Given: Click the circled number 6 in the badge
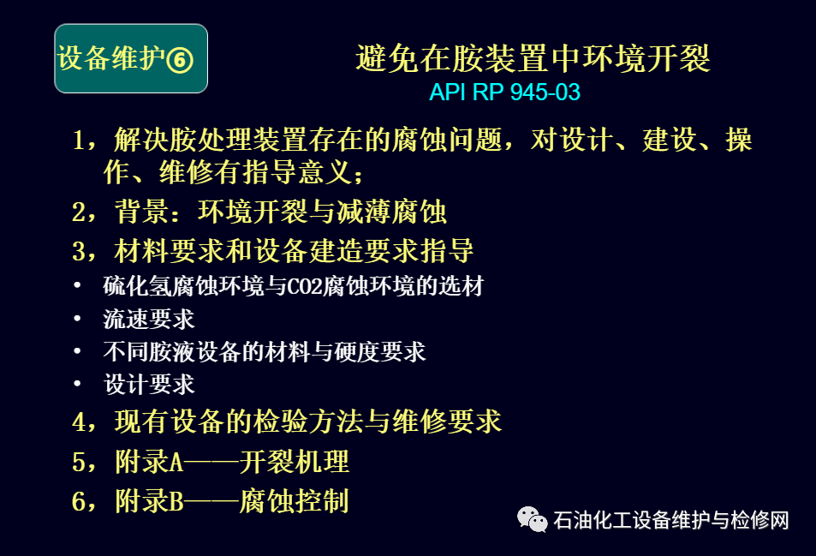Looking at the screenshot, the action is pos(180,60).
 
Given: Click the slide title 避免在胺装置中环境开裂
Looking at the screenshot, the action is pos(533,57).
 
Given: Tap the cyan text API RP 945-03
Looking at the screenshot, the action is pos(504,93).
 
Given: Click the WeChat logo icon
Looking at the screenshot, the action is pos(532,519).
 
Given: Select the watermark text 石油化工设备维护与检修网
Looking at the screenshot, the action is pos(671,520).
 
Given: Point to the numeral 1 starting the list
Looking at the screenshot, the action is pos(79,140).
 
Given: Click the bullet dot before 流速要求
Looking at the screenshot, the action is pos(77,318).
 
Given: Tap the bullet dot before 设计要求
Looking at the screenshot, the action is pos(77,384).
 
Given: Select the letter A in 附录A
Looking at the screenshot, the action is pos(177,462).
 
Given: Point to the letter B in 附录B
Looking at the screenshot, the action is pos(177,501).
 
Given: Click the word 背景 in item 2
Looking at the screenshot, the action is pos(142,212).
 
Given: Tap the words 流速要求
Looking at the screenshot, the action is pos(149,320).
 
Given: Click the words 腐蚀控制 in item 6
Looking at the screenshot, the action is pos(294,501).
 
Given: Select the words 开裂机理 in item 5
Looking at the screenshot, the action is pos(294,461).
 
